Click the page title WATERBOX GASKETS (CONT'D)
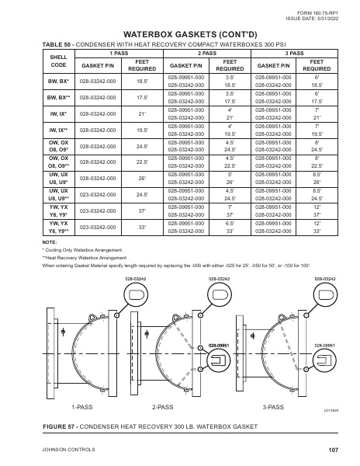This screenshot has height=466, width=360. pos(180,34)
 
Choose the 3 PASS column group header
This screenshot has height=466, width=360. pos(295,53)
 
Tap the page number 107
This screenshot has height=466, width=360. pos(334,450)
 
